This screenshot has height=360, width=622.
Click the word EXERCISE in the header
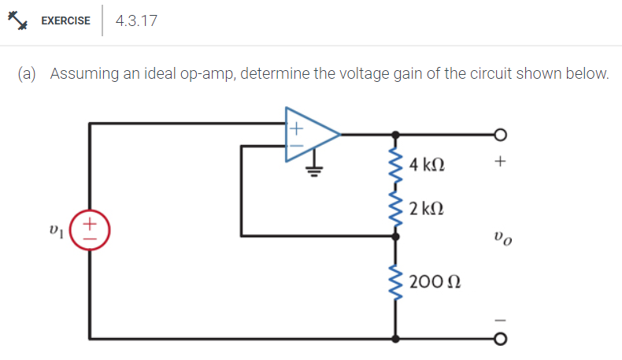(65, 21)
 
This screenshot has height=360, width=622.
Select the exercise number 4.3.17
(136, 21)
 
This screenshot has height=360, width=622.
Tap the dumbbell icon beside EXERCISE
(18, 21)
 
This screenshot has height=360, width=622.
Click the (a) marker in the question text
(28, 74)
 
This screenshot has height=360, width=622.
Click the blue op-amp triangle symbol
(312, 135)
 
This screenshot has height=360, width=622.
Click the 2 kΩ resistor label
(428, 209)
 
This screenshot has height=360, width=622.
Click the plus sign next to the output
(499, 163)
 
